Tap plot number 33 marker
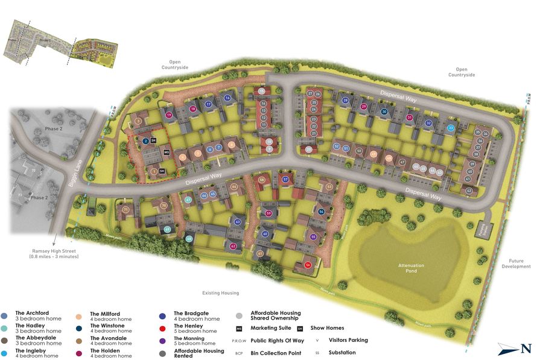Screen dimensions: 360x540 point(451,128)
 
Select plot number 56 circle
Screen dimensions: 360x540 point(308,264)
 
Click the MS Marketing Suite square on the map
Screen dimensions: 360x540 point(166,153)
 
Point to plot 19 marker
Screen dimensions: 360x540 point(169,115)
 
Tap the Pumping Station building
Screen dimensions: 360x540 point(488,229)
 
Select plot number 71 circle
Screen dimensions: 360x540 point(125,210)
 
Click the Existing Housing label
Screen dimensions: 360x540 point(220,293)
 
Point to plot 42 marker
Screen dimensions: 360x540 point(468,190)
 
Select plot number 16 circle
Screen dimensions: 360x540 point(227,98)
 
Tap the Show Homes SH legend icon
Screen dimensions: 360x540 point(299,328)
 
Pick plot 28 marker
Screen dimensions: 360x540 point(345,101)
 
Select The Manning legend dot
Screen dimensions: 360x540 point(162,341)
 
